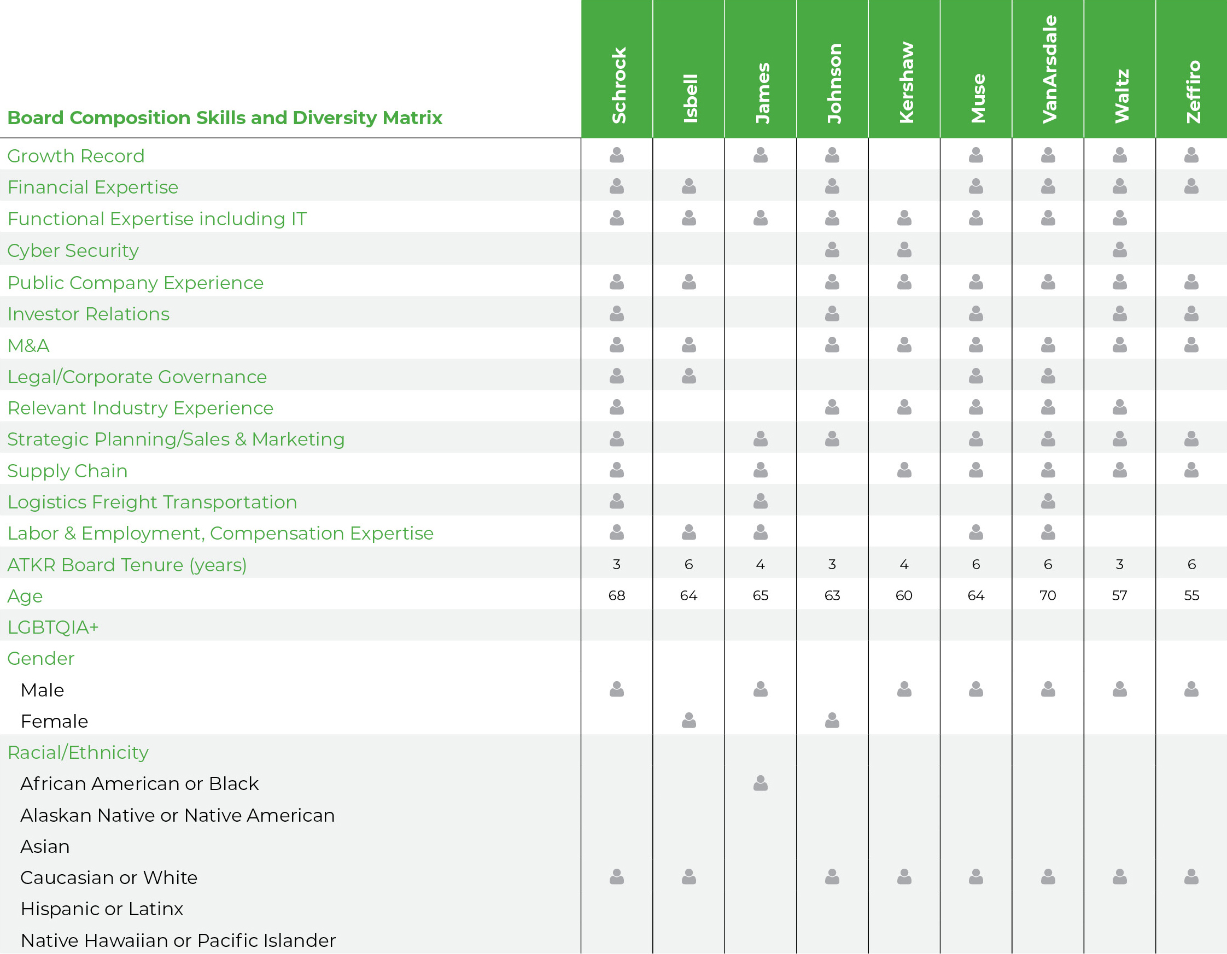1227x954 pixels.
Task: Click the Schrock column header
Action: [x=617, y=85]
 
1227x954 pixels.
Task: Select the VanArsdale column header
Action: [x=1048, y=69]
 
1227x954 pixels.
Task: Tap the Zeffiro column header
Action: [x=1192, y=92]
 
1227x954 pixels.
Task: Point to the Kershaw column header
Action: [x=905, y=82]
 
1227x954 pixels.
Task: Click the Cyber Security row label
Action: [x=73, y=250]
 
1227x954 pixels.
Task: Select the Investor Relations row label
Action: [x=88, y=314]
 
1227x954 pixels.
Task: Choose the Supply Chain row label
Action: [x=67, y=471]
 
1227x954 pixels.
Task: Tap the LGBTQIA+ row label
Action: [x=53, y=627]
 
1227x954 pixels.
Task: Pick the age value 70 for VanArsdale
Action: [x=1048, y=595]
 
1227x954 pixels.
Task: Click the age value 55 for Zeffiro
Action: [x=1191, y=595]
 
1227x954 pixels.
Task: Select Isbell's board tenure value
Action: [x=689, y=564]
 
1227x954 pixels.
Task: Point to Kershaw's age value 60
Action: [x=904, y=595]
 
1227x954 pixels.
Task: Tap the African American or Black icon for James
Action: [x=761, y=783]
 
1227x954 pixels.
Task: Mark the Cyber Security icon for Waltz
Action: [x=1120, y=249]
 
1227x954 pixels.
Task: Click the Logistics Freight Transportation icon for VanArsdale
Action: [x=1048, y=501]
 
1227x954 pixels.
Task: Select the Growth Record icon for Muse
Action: [x=977, y=155]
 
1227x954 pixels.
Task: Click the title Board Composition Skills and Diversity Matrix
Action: [x=225, y=118]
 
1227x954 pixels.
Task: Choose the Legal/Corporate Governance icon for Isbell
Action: [x=689, y=376]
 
